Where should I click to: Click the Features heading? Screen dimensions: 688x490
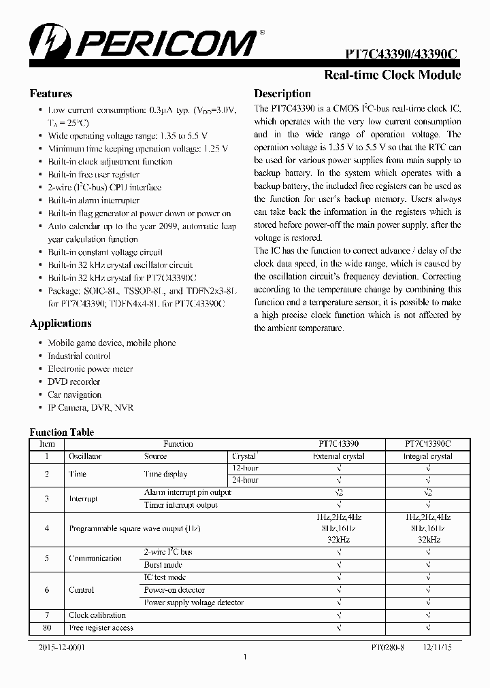[x=51, y=94]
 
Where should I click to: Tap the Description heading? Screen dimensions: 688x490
[x=282, y=94]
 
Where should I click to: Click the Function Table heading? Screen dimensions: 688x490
[x=61, y=432]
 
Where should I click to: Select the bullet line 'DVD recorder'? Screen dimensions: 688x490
[x=74, y=382]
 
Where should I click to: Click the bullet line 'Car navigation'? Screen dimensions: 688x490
[x=74, y=395]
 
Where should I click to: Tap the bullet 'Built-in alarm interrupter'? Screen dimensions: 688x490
[x=93, y=201]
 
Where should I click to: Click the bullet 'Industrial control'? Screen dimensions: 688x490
[x=79, y=356]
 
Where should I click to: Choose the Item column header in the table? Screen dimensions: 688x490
[x=47, y=444]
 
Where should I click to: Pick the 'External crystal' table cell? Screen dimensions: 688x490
[x=338, y=457]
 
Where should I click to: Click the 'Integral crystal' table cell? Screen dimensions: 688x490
[x=427, y=457]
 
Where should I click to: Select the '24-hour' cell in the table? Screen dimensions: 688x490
[x=245, y=480]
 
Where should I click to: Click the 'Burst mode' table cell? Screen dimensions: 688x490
[x=163, y=565]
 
